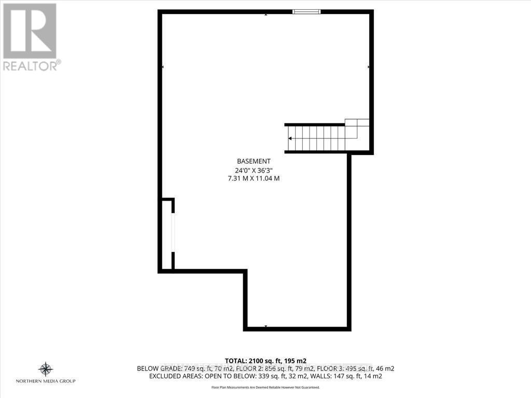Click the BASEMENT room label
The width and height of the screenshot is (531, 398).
pyautogui.click(x=254, y=161)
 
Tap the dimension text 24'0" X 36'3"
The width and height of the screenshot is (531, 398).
pyautogui.click(x=254, y=169)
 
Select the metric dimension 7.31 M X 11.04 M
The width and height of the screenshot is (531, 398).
pyautogui.click(x=254, y=178)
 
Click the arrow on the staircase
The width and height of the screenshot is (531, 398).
pyautogui.click(x=290, y=138)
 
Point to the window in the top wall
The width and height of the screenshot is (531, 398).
pyautogui.click(x=306, y=11)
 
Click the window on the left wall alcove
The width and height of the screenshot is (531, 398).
pyautogui.click(x=173, y=233)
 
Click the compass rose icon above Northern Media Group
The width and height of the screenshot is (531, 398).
pyautogui.click(x=46, y=369)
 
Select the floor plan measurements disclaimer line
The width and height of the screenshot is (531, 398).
pyautogui.click(x=265, y=387)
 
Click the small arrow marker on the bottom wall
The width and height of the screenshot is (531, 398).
pyautogui.click(x=266, y=326)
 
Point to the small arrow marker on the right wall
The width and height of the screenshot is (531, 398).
pyautogui.click(x=369, y=67)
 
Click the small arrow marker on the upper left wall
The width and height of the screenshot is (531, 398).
pyautogui.click(x=163, y=67)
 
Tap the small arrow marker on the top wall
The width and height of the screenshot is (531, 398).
pyautogui.click(x=266, y=14)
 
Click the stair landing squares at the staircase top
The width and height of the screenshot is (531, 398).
pyautogui.click(x=357, y=123)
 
